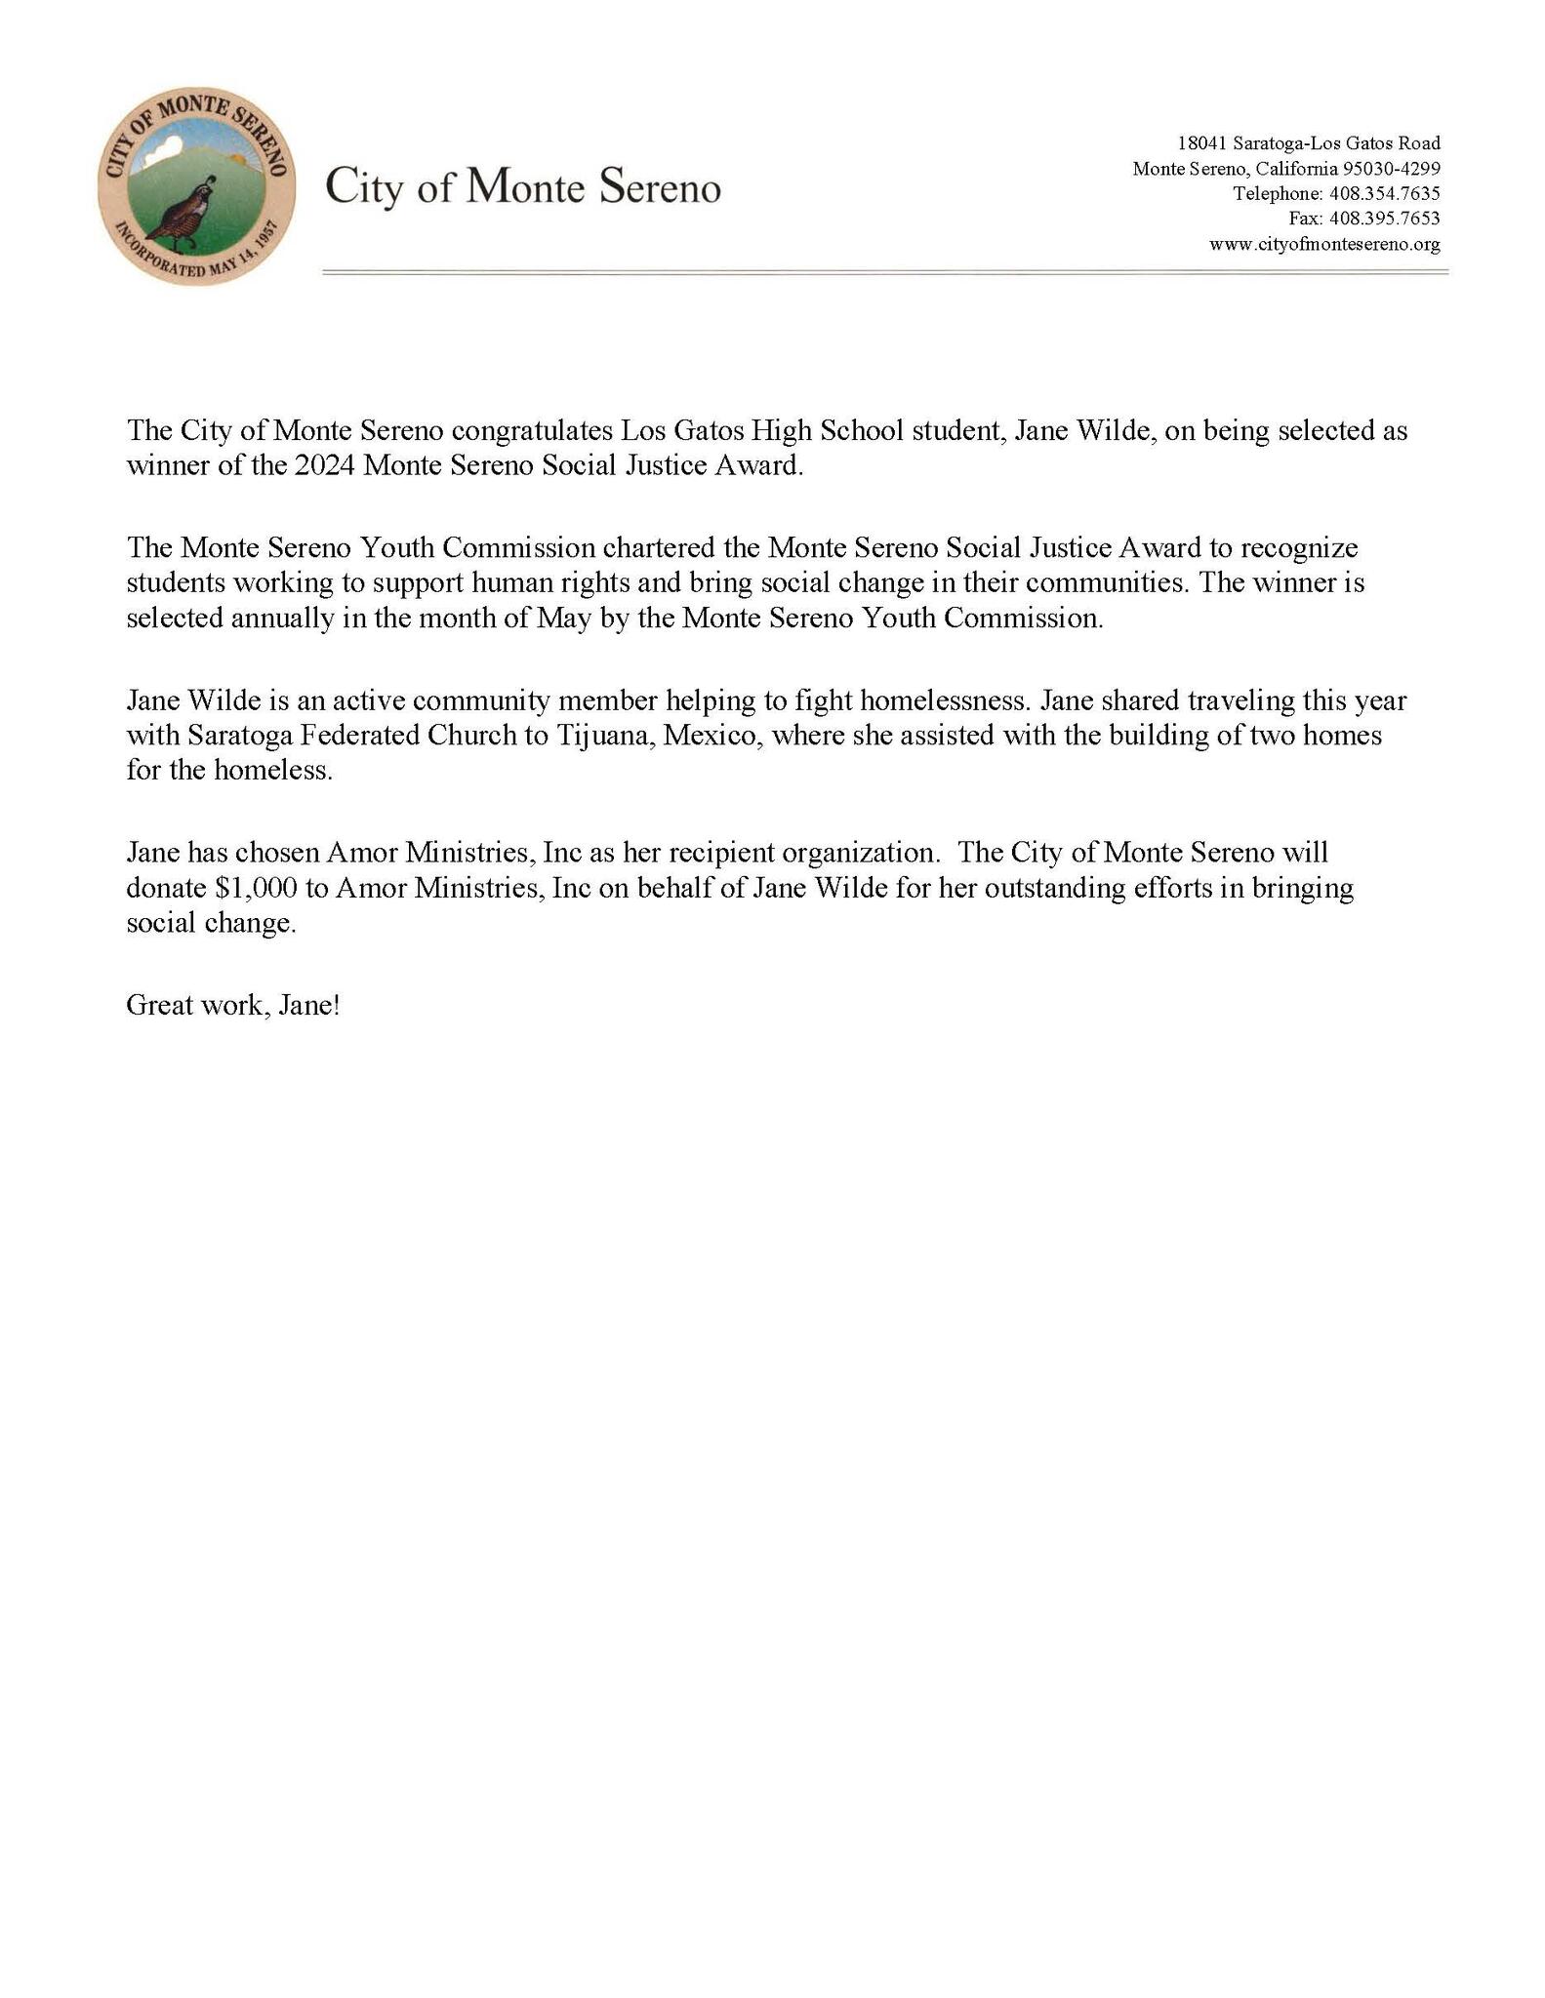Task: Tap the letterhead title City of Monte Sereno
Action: (523, 186)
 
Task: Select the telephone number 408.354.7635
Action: (1385, 193)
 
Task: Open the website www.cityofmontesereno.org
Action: (1324, 244)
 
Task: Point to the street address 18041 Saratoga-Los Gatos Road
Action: (1309, 142)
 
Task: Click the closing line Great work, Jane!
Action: (233, 1006)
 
